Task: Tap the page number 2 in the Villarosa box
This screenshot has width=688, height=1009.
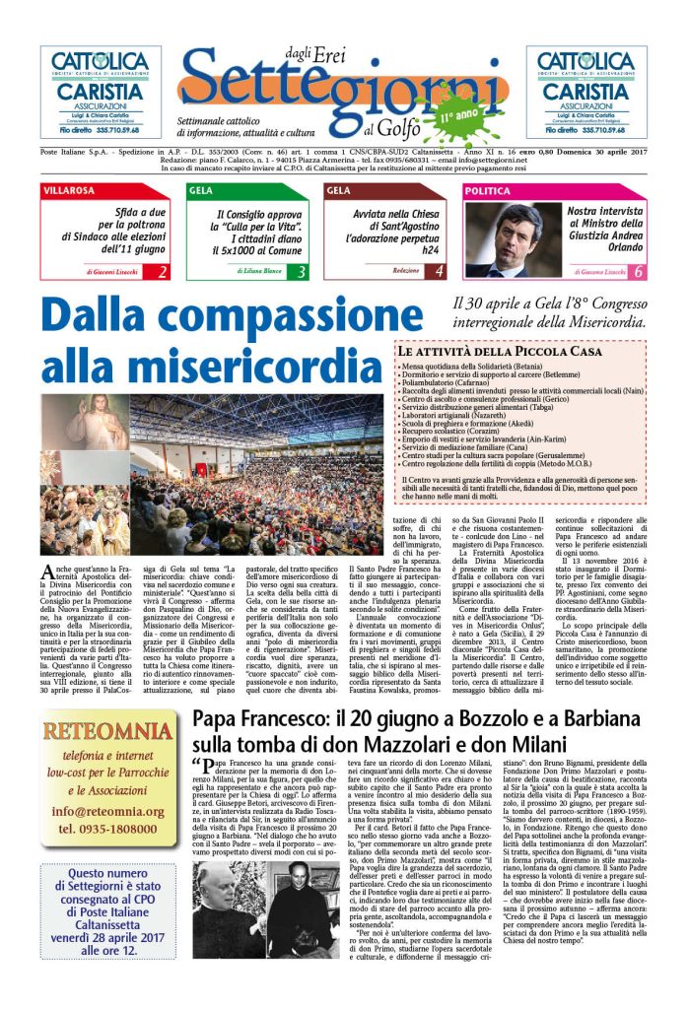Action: (161, 270)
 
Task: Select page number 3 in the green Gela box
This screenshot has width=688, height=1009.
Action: (302, 270)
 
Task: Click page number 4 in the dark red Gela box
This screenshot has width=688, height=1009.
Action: (439, 270)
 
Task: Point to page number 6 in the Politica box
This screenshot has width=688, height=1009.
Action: (638, 270)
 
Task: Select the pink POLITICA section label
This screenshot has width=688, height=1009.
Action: (488, 190)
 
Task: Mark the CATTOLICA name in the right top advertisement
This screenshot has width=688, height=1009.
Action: (586, 61)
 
